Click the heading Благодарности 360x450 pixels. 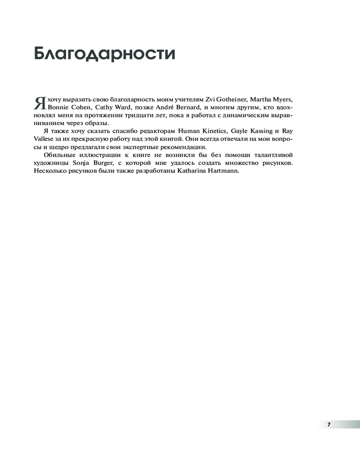[x=104, y=53]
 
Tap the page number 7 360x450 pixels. [x=329, y=424]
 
